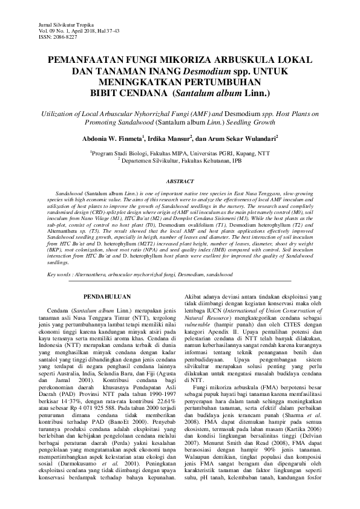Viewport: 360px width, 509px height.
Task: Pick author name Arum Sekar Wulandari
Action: click(x=242, y=137)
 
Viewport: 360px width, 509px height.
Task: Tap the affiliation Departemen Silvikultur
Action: click(x=149, y=160)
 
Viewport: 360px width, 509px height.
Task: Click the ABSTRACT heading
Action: click(x=180, y=181)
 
